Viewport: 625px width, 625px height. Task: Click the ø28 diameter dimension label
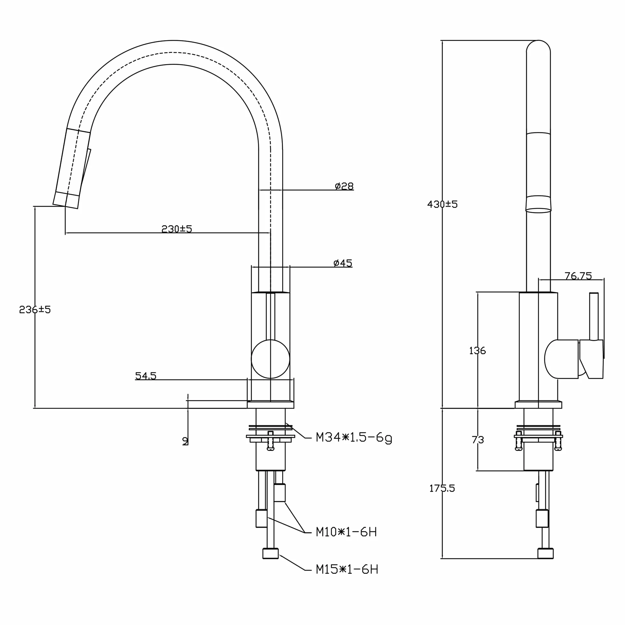pos(344,186)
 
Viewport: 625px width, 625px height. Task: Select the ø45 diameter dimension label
pos(343,263)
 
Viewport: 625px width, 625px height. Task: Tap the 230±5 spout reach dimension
pos(177,229)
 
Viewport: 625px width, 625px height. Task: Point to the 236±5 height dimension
pos(35,310)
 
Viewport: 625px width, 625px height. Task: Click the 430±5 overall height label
pos(442,204)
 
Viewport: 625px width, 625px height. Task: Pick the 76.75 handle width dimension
pos(578,276)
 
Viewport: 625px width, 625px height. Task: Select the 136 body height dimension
pos(477,350)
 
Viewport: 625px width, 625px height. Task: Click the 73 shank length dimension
pos(477,440)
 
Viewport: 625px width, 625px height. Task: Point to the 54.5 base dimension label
pos(146,376)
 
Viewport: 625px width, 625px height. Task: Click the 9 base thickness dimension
pos(185,441)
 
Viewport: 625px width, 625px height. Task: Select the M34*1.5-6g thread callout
pos(354,438)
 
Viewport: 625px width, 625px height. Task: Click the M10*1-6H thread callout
pos(346,532)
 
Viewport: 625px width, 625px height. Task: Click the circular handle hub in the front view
pos(270,359)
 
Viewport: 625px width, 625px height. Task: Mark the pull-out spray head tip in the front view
pos(66,200)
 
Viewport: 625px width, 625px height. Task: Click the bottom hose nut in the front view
pos(270,554)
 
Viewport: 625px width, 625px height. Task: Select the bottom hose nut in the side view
pos(545,554)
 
